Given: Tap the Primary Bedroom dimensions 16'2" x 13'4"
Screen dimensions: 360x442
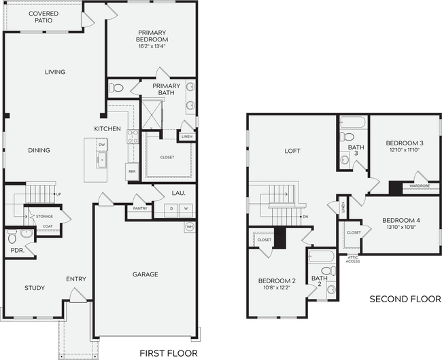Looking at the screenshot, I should tap(152, 47).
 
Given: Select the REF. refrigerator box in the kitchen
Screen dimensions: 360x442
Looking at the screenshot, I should tap(132, 173).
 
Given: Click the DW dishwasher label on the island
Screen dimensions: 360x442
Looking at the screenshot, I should tap(101, 145).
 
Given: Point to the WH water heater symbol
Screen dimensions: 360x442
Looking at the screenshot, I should tap(190, 227).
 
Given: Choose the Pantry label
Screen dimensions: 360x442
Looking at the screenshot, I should tap(140, 209).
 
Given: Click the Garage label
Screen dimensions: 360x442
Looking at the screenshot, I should tap(145, 274).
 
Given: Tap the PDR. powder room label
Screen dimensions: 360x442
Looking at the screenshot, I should tap(17, 250).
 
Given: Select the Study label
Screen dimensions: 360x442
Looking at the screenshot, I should tap(35, 288).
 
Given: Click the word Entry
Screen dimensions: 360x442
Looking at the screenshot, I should tap(75, 279).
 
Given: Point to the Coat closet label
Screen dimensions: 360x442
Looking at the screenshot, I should tap(48, 226).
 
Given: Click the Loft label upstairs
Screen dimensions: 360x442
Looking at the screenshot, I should tap(292, 151).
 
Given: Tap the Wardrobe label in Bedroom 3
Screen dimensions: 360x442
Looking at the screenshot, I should tap(420, 186).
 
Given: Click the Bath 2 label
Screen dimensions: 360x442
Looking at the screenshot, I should tap(320, 281).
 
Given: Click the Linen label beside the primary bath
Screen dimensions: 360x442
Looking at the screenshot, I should tap(186, 137).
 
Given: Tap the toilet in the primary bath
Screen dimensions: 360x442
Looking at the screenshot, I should tap(117, 88).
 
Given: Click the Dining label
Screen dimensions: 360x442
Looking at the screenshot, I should tap(39, 150).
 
